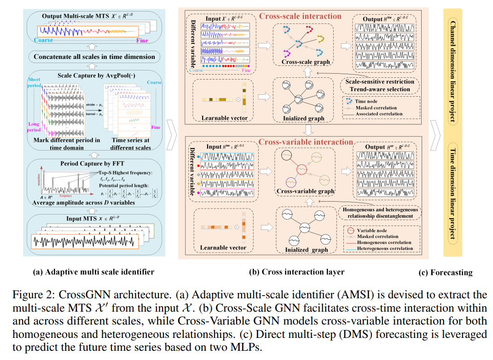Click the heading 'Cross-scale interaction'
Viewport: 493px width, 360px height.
pos(300,16)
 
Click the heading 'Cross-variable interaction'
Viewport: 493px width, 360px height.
pos(305,142)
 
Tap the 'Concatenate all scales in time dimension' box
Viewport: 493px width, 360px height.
pos(94,57)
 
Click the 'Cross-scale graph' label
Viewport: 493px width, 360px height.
pos(302,62)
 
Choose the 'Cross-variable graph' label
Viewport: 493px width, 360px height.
pos(305,191)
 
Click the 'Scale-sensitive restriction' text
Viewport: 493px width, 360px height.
pos(380,81)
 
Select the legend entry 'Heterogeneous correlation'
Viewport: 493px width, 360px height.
pos(385,249)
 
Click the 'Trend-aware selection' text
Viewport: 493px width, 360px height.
pos(380,89)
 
